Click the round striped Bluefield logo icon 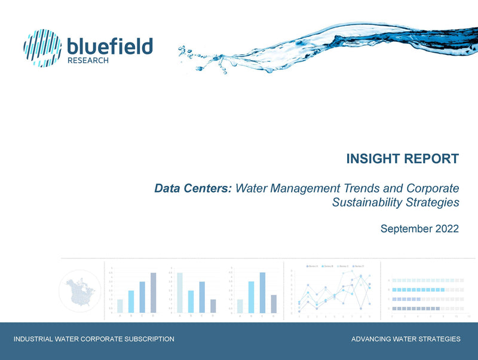pyautogui.click(x=42, y=48)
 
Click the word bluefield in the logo pyautogui.click(x=110, y=45)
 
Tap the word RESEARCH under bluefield pyautogui.click(x=88, y=60)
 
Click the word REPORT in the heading pyautogui.click(x=433, y=159)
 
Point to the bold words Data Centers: pyautogui.click(x=193, y=188)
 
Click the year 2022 pyautogui.click(x=446, y=228)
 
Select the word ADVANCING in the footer pyautogui.click(x=372, y=339)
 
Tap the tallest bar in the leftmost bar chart pyautogui.click(x=154, y=292)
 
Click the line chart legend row pyautogui.click(x=332, y=265)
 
